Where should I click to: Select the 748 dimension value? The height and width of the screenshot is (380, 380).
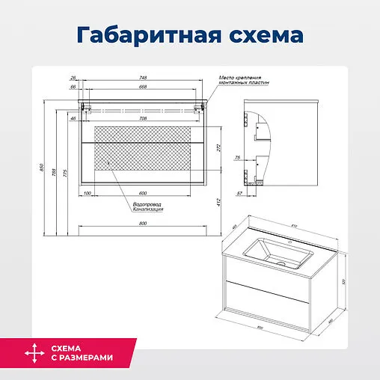point(142,79)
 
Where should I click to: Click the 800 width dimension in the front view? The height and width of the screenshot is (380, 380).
point(142,222)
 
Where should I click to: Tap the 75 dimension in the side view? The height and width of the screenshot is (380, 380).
point(237,158)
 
